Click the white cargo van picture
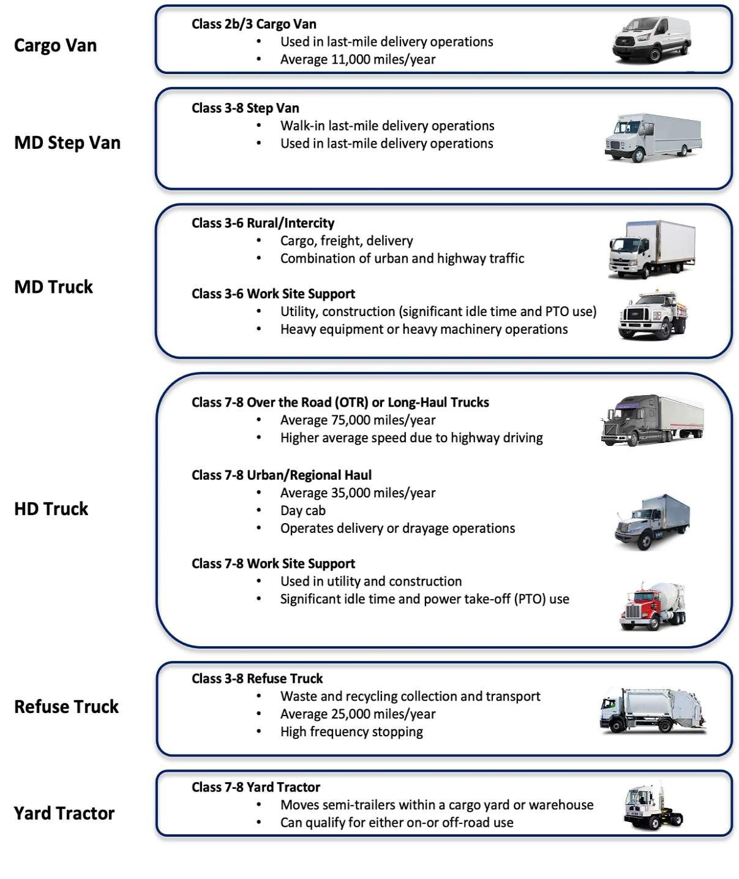[x=651, y=39]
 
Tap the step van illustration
[x=652, y=137]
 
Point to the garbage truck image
[x=653, y=711]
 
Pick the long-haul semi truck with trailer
[x=652, y=420]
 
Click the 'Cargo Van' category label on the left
[x=55, y=45]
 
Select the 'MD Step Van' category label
[x=67, y=143]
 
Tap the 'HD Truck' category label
[x=51, y=509]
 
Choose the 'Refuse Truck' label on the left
[x=66, y=707]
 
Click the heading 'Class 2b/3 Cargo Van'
[x=253, y=25]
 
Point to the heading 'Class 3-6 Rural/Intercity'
[x=263, y=223]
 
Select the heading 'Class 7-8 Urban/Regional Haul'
[x=281, y=475]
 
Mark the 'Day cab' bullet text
[x=302, y=511]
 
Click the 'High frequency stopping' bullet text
[x=351, y=732]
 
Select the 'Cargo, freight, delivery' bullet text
[x=347, y=241]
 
